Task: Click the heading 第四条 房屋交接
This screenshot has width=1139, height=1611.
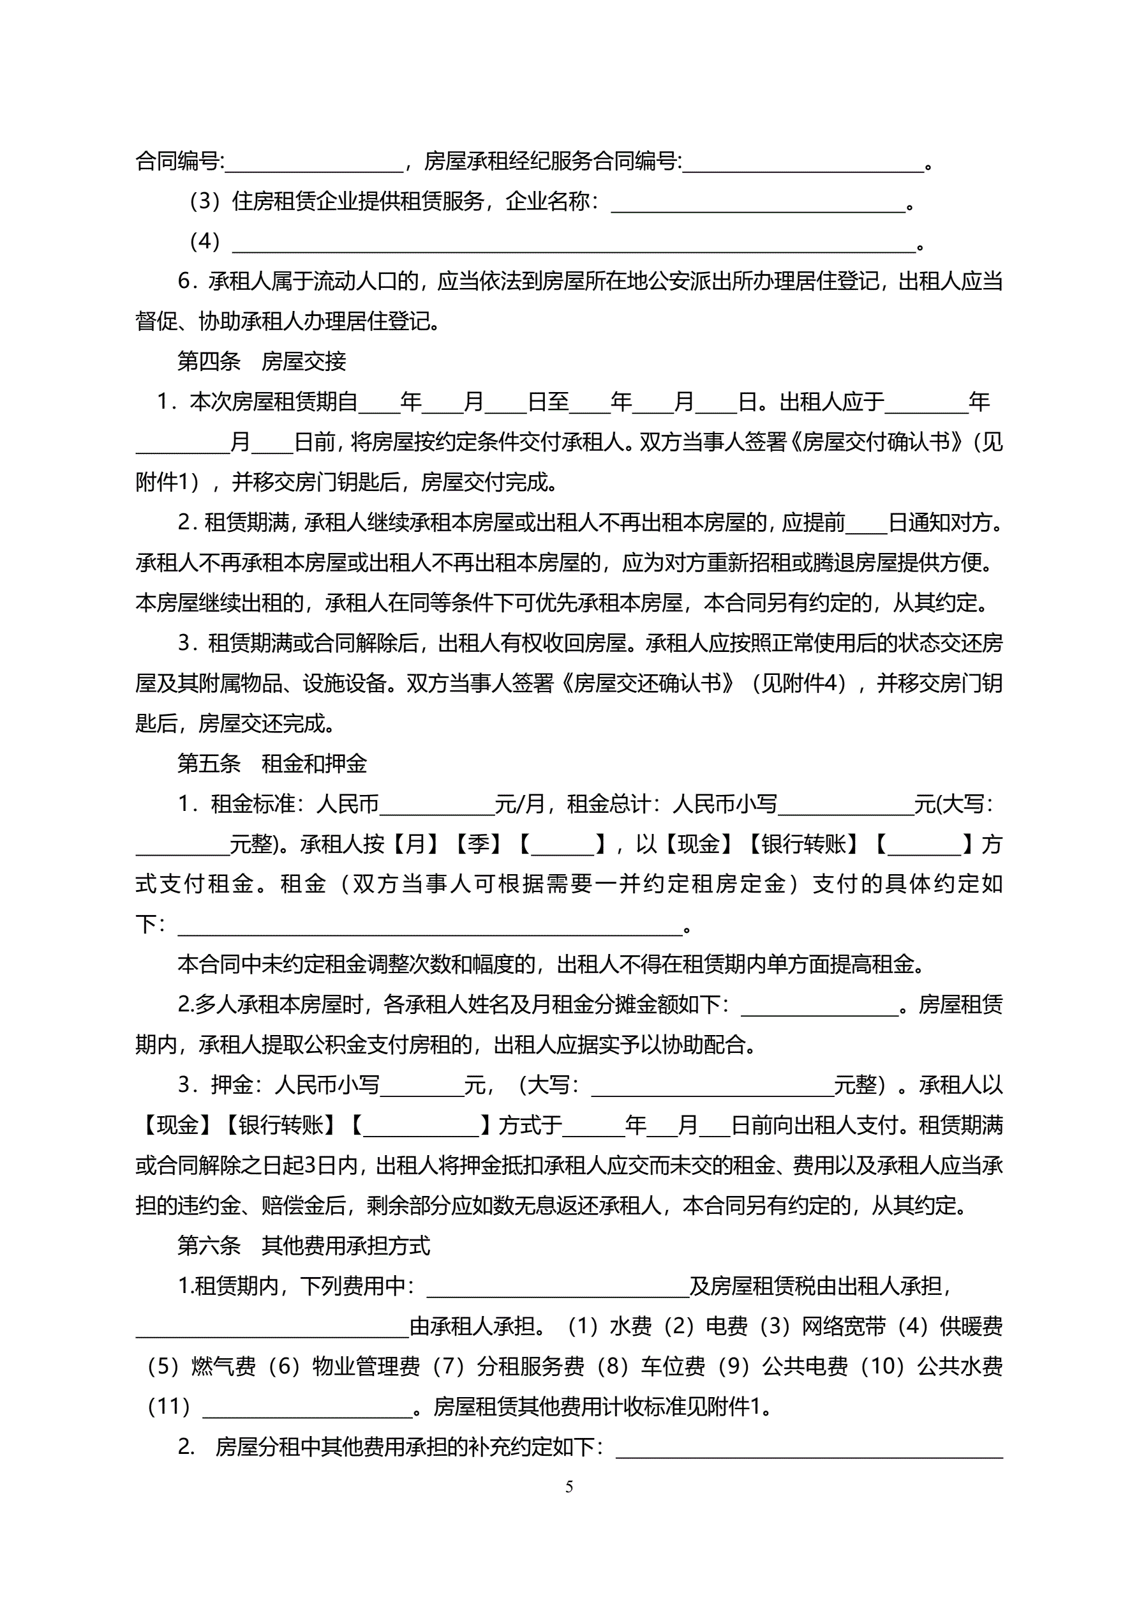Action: point(262,361)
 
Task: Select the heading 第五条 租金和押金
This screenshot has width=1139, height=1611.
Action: point(272,764)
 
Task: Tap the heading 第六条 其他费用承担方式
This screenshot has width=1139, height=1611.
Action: point(303,1245)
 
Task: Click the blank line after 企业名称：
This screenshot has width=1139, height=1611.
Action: point(758,205)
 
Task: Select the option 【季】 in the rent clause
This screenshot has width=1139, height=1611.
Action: point(479,844)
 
